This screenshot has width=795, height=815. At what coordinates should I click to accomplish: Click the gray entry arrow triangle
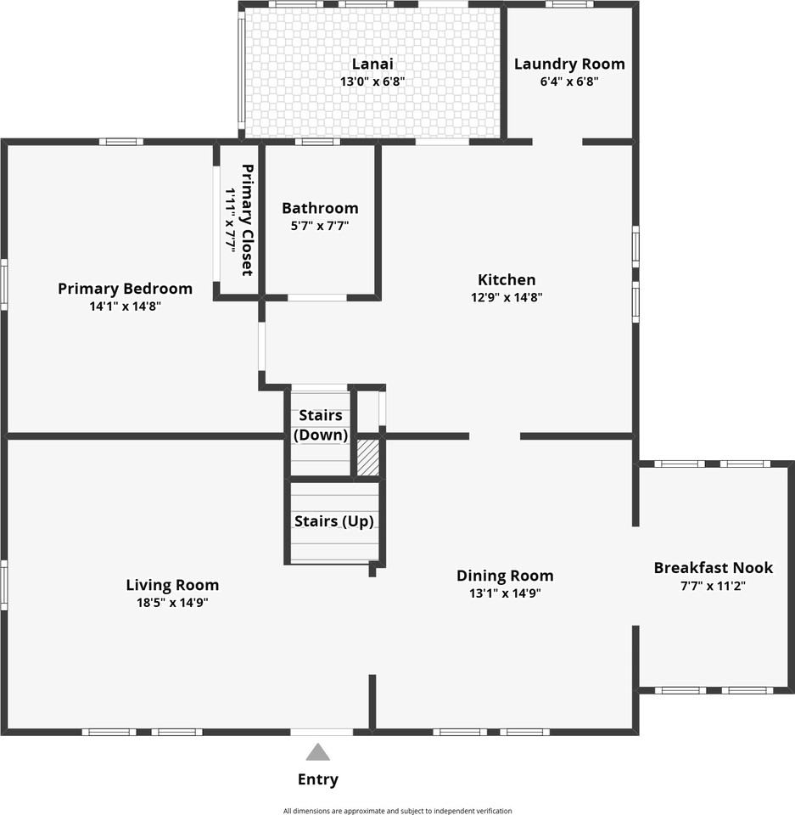[317, 753]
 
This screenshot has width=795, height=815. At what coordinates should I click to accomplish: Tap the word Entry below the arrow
[318, 779]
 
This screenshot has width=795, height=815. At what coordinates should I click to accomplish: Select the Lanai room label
[372, 64]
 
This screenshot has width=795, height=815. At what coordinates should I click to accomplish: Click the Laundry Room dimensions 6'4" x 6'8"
[569, 81]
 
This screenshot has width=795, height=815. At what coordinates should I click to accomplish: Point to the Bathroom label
[320, 208]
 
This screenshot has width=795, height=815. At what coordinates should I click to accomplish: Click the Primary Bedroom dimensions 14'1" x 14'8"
[126, 306]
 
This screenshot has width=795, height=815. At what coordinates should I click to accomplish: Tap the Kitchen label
[507, 279]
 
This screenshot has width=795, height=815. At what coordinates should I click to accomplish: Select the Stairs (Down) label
[321, 424]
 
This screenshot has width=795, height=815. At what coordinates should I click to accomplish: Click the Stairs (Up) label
[334, 521]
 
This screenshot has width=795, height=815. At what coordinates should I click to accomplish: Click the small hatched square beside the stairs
[368, 457]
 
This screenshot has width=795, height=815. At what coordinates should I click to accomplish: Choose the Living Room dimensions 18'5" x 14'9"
[172, 603]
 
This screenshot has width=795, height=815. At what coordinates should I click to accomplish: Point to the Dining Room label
[505, 576]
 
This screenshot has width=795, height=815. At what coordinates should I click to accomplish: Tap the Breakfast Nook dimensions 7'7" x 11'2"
[713, 586]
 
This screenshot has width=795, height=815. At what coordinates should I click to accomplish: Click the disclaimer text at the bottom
[397, 811]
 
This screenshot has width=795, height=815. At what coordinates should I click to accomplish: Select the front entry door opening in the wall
[322, 732]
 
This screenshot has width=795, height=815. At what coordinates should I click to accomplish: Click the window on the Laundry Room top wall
[569, 4]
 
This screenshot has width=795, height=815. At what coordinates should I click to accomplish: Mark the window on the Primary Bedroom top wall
[121, 142]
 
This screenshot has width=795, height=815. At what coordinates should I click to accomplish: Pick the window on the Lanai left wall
[241, 74]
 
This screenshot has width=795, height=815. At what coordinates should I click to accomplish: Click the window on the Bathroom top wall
[318, 142]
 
